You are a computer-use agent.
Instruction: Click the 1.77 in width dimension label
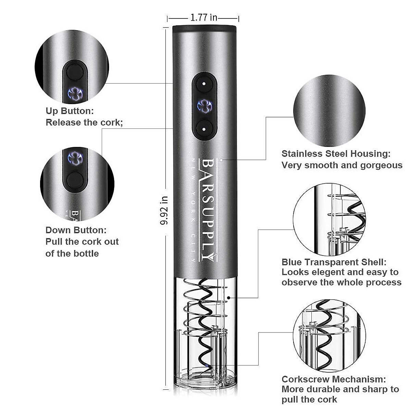click(204, 17)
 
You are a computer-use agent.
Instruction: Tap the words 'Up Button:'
click(70, 111)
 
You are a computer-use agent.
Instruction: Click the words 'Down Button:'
click(76, 230)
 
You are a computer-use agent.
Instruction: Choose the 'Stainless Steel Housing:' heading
click(336, 154)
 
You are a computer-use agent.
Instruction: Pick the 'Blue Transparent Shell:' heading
click(334, 262)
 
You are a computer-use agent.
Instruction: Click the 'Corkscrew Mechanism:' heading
click(334, 379)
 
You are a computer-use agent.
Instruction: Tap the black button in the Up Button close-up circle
click(75, 72)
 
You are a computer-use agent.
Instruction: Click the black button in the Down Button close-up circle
click(75, 180)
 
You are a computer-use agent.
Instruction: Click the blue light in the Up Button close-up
click(75, 94)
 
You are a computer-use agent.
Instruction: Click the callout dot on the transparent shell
click(228, 298)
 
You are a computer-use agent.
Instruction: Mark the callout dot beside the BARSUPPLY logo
click(222, 160)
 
